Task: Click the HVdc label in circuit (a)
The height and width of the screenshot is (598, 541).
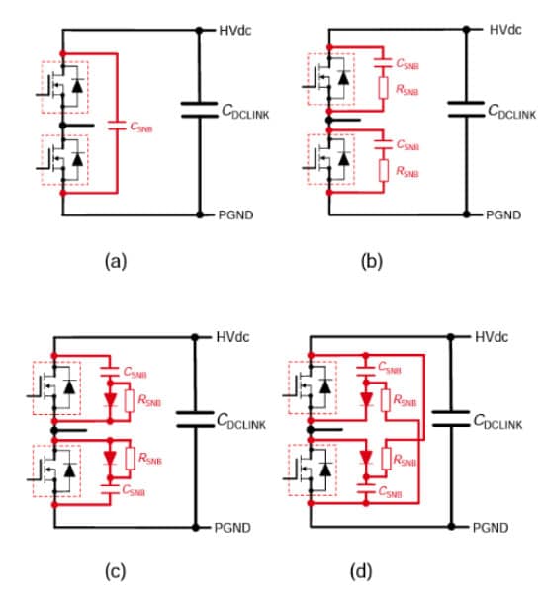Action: tap(235, 30)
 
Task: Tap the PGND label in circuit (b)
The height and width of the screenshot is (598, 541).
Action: tap(503, 215)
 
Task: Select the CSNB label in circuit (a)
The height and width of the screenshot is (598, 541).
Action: tap(141, 127)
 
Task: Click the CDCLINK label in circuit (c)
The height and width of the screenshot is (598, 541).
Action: tap(241, 421)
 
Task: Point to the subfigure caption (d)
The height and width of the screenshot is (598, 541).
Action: tap(361, 571)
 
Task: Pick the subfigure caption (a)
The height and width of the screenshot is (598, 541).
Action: tap(116, 262)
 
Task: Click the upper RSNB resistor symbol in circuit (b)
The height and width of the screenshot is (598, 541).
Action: tap(383, 88)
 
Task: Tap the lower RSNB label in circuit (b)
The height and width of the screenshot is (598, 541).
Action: tap(407, 172)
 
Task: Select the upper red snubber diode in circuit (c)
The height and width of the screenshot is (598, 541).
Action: tap(110, 400)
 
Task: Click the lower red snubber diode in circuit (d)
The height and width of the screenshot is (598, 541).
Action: tap(366, 458)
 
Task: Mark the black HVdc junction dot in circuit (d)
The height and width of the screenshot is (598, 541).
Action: tap(451, 337)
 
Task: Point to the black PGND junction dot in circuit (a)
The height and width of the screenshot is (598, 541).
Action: tap(199, 215)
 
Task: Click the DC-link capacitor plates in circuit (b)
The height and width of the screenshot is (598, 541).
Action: tap(466, 109)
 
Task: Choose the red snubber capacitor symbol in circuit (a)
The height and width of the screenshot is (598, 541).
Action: tap(117, 126)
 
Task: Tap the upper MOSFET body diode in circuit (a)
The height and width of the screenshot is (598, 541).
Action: tap(77, 85)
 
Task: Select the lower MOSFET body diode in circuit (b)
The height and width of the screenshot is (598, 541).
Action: tap(344, 159)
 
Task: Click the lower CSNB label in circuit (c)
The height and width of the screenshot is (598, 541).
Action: tap(134, 490)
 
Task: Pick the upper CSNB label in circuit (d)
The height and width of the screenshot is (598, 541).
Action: tap(389, 368)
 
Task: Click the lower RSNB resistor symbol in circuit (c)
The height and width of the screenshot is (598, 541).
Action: tap(130, 459)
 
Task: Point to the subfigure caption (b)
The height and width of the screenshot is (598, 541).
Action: tap(372, 262)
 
